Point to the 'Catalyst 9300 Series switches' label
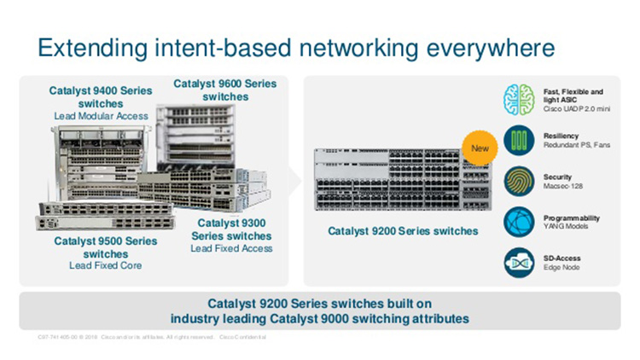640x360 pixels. point(231,229)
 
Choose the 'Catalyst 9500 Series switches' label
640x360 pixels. point(105,247)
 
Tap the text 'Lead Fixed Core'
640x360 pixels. point(105,266)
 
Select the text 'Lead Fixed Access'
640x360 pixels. point(231,248)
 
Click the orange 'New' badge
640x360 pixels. point(479,150)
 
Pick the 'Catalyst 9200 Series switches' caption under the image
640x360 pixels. point(403,231)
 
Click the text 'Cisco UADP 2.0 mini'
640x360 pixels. point(576,109)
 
